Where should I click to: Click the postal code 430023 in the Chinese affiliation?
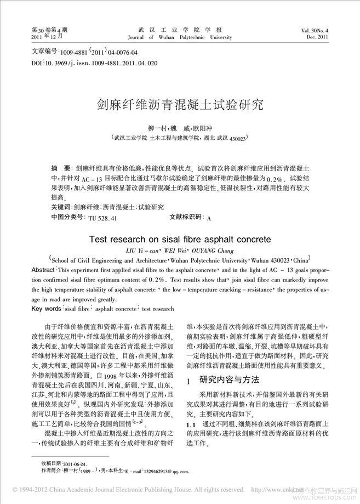click(237, 139)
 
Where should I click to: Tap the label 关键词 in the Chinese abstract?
click(60, 207)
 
